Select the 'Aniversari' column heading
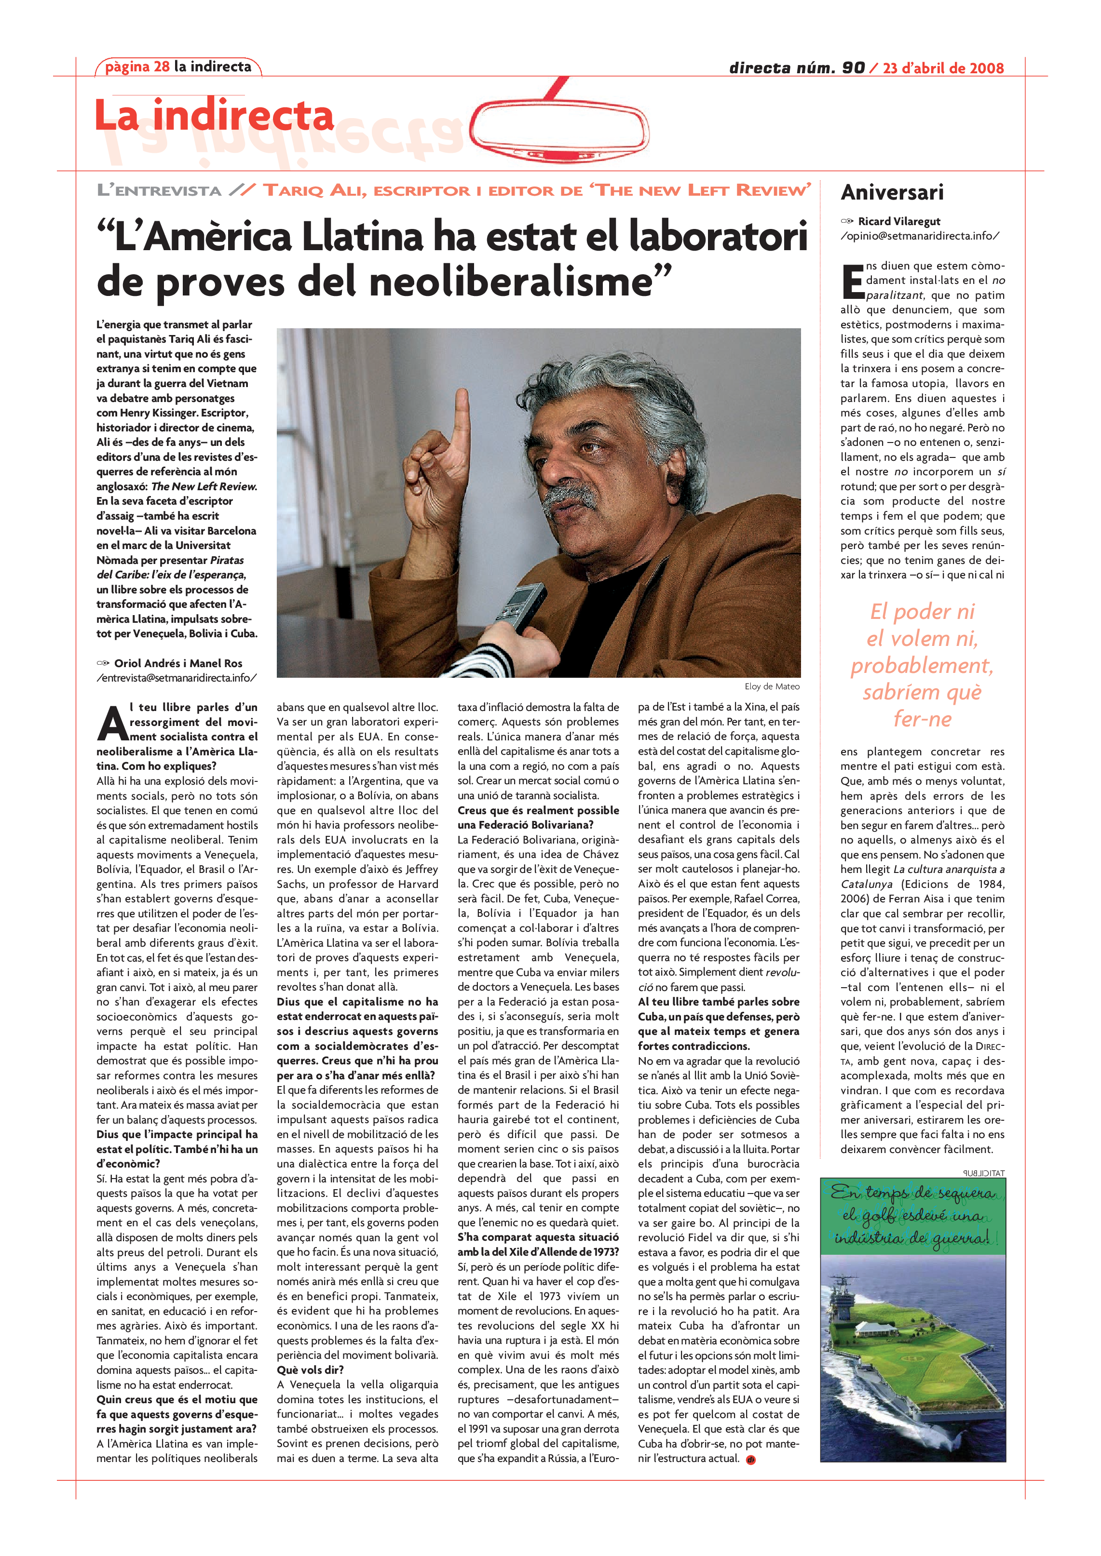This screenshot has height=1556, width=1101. click(892, 192)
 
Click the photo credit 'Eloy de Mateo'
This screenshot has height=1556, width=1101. click(772, 686)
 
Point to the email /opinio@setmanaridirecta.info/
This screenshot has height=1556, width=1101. click(919, 236)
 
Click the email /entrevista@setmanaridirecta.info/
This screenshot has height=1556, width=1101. click(177, 678)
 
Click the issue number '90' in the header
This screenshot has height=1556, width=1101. click(853, 68)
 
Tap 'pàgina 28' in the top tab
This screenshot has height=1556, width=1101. click(137, 67)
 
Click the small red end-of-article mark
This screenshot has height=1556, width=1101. click(750, 1460)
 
